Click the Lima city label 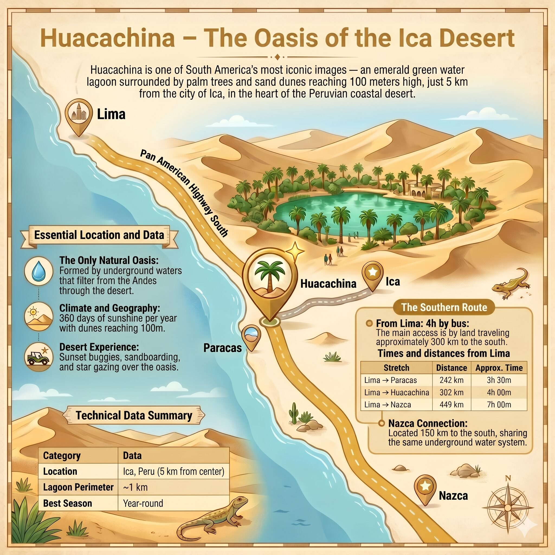pos(111,114)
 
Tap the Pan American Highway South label pos(184,193)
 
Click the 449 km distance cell pos(451,405)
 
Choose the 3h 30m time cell pos(499,380)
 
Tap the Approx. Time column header pos(499,368)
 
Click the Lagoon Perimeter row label pos(78,487)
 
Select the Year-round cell pos(143,503)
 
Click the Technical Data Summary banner pos(134,416)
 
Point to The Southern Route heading pos(444,307)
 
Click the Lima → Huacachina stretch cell pos(396,392)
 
